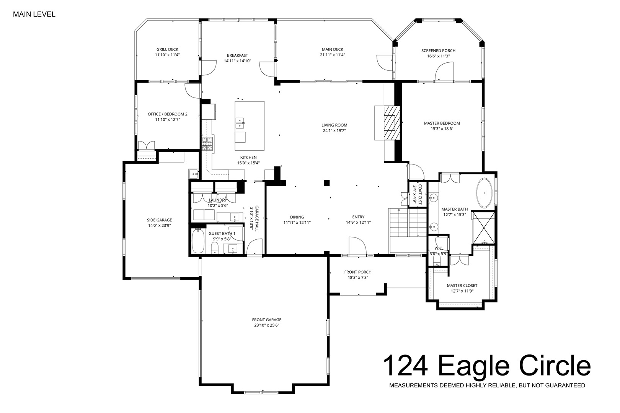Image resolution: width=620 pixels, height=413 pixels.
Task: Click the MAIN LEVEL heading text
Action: pos(34,15)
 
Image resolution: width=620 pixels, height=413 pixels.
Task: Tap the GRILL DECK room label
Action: pos(168,49)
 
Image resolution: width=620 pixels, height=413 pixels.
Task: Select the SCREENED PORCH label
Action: pos(438,50)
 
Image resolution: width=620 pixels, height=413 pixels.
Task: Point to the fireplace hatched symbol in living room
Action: pos(392,123)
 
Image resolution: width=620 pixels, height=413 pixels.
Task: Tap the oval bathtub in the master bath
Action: pos(484,193)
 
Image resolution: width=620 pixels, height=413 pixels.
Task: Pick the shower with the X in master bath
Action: pos(483,228)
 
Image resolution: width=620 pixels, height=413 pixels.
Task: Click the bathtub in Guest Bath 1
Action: pos(198,241)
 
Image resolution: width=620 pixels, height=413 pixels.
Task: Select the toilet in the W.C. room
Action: pos(437,259)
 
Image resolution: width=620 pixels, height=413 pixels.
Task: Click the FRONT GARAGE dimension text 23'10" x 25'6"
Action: pos(266,325)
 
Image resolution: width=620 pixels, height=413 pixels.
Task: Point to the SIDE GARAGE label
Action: pos(160,220)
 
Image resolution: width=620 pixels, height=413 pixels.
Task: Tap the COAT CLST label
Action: pos(420,195)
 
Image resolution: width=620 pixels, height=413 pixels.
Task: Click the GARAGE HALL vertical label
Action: pos(257,218)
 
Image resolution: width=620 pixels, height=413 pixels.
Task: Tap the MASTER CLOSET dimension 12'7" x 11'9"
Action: pos(462,291)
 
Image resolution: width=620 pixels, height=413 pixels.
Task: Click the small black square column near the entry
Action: pos(327,183)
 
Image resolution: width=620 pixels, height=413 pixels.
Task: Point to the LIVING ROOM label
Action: pos(334,125)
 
